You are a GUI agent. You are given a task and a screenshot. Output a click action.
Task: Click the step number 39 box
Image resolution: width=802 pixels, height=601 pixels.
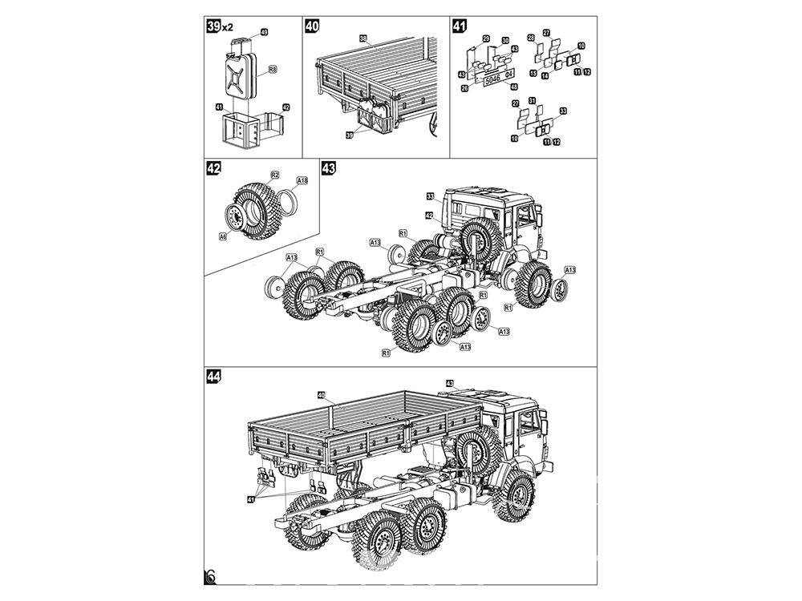[214, 27]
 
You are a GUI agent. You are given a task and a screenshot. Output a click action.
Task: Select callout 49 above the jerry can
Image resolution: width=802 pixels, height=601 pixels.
[264, 32]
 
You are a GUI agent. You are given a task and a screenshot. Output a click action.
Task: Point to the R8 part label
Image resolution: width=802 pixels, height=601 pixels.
[272, 71]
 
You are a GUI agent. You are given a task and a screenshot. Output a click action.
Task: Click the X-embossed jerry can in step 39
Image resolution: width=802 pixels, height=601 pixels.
[238, 77]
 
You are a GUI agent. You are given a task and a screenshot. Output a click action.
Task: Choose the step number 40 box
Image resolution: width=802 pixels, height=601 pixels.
[313, 27]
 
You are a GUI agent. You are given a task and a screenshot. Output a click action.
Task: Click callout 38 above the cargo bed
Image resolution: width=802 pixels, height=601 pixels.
[363, 38]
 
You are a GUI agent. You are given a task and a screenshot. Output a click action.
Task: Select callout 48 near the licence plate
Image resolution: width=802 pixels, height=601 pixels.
[513, 87]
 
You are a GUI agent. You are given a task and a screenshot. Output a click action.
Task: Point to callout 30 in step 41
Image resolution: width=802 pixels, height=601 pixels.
[505, 40]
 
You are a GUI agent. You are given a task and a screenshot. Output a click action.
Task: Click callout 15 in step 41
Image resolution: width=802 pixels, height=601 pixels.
[533, 73]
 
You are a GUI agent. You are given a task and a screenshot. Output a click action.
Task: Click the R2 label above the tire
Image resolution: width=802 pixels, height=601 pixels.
[274, 175]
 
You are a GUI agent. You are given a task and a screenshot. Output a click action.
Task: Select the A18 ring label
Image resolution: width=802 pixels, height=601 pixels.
[302, 181]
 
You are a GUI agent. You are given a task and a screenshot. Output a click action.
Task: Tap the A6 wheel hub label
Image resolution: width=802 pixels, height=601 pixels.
[222, 236]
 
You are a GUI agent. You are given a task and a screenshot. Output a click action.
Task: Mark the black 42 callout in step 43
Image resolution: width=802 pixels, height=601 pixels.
[429, 216]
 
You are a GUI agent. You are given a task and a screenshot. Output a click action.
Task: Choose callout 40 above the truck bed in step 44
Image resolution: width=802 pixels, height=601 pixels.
[321, 394]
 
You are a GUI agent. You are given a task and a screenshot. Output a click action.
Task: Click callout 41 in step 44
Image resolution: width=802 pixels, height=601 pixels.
[252, 498]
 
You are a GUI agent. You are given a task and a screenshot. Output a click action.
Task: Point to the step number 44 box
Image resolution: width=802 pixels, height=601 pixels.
[214, 377]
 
